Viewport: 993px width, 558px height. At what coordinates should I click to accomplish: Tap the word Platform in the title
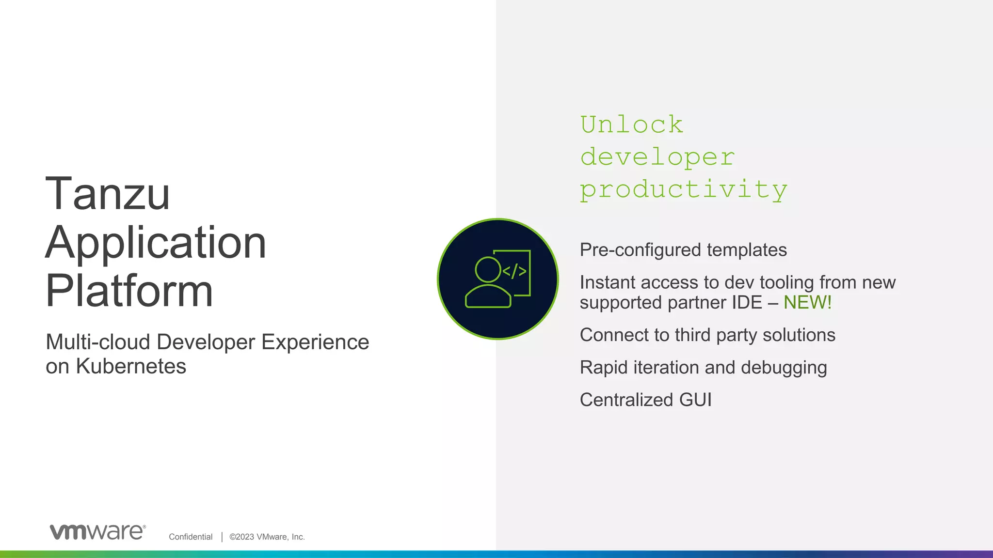(129, 291)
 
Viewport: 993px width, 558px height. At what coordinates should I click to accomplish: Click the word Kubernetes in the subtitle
(131, 366)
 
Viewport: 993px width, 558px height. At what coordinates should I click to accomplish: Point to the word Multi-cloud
(97, 342)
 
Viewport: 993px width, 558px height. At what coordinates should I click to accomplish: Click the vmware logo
(97, 531)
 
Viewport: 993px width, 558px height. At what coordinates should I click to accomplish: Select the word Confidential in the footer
(191, 537)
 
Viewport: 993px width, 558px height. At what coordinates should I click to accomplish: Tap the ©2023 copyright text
(267, 537)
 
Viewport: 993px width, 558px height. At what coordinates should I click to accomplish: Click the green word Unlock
(632, 124)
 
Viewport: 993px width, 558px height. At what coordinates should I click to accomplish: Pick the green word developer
(657, 157)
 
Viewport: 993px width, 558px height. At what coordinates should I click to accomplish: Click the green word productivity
(684, 190)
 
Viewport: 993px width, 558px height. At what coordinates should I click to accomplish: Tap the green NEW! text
(807, 303)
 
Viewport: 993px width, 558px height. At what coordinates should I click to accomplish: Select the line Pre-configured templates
(683, 250)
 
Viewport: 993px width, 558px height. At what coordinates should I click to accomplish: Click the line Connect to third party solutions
(707, 335)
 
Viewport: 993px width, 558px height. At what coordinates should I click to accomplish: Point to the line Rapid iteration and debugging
(703, 368)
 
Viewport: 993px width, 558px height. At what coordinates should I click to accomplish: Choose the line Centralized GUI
(645, 400)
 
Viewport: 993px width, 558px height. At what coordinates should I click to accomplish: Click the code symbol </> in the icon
(514, 271)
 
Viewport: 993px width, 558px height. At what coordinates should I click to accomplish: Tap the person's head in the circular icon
(488, 269)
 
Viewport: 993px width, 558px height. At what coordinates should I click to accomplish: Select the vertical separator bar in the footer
(222, 537)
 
